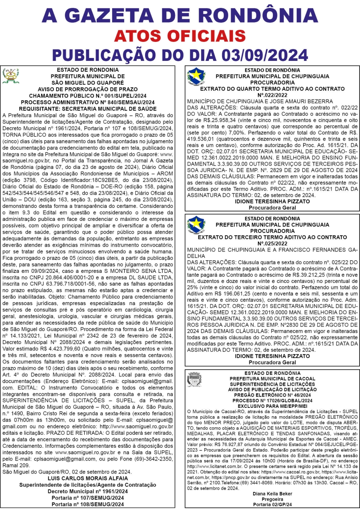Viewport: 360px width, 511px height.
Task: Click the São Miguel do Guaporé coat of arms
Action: coord(10,76)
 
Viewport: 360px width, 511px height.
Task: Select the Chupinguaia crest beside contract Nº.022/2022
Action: coord(196,76)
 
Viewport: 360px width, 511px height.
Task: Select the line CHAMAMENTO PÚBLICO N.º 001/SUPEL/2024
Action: coord(87,96)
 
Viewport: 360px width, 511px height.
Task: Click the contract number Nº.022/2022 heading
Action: coord(272,95)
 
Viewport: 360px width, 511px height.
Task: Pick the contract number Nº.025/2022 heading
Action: coord(272,243)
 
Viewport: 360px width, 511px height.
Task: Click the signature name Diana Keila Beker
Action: coord(272,494)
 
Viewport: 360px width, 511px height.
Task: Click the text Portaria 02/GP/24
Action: coord(272,504)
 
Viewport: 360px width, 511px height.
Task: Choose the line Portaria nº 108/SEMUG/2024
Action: coord(87,504)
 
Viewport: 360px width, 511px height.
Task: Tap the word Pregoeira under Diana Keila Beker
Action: coord(272,499)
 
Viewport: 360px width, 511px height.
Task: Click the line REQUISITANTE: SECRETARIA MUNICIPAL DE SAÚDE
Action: coord(87,109)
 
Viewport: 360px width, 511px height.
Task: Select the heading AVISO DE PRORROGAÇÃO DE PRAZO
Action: coord(87,89)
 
